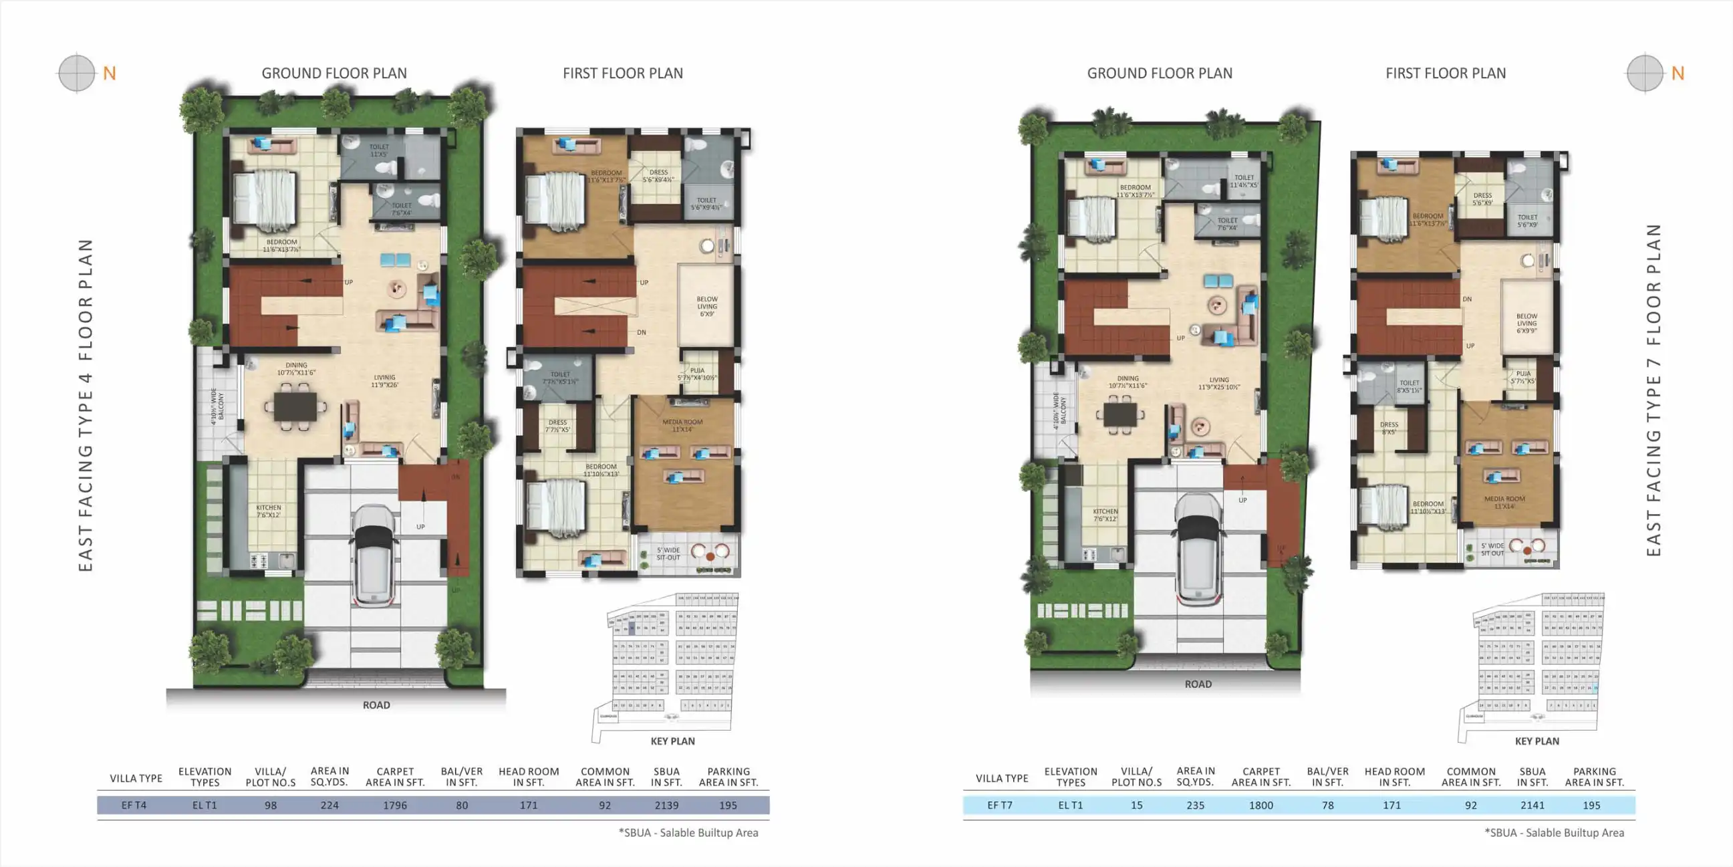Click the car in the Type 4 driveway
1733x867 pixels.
click(376, 555)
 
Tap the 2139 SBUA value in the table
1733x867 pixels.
click(666, 805)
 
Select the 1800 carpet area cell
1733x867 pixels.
click(1260, 805)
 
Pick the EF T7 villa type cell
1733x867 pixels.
click(1000, 805)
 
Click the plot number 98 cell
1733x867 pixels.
click(271, 805)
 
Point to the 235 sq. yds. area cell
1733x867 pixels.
click(1195, 805)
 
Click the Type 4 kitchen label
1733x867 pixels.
click(269, 511)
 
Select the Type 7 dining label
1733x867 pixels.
click(1127, 382)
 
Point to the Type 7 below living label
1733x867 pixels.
click(1526, 323)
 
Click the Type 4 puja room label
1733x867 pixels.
click(697, 374)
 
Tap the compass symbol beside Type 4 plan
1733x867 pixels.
click(77, 73)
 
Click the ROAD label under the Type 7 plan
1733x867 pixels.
click(1198, 684)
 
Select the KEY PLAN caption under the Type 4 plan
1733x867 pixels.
click(672, 741)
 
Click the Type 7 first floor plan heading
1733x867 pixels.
click(1445, 74)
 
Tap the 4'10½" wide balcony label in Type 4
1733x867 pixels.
click(217, 406)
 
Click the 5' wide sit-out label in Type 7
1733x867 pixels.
click(1492, 549)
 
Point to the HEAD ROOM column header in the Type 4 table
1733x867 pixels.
click(528, 777)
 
